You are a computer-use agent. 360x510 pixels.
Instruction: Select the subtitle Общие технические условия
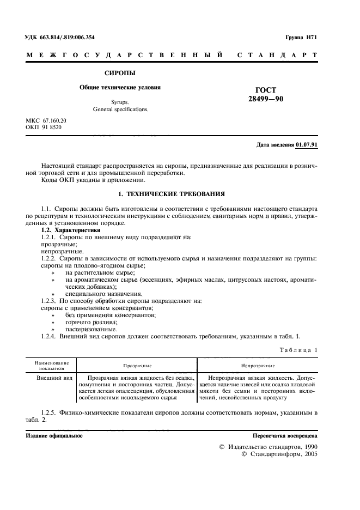[x=120, y=87]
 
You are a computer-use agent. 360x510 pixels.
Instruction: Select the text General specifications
[x=120, y=110]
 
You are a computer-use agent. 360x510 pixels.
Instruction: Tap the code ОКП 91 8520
[x=44, y=127]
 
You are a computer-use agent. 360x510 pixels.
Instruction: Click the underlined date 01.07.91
[x=307, y=144]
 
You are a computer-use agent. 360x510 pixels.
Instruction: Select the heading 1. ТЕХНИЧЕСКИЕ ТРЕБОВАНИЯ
[x=172, y=194]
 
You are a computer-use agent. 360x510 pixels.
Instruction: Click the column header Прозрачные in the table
[x=137, y=366]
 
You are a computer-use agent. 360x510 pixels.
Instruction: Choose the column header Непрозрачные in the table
[x=258, y=366]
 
